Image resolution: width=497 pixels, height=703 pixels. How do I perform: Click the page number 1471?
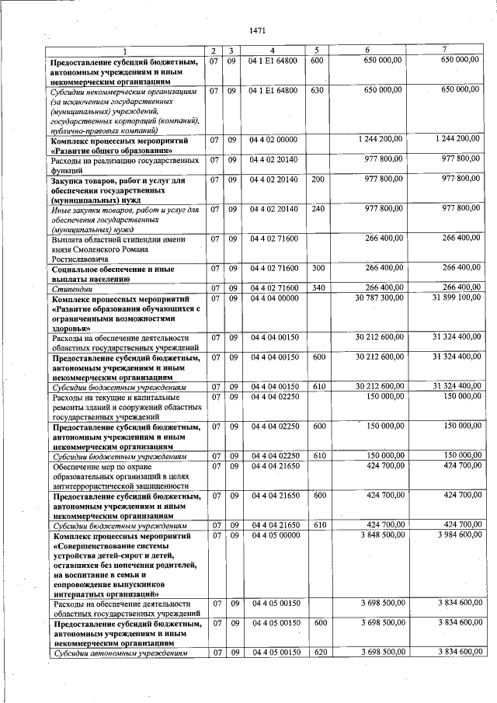[258, 31]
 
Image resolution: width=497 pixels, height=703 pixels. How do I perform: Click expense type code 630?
[316, 91]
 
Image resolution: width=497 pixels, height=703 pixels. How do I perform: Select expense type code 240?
[317, 209]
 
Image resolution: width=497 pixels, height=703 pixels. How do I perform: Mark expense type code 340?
[317, 288]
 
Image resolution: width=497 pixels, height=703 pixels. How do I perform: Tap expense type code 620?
[317, 653]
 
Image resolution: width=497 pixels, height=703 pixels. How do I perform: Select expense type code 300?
[317, 268]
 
